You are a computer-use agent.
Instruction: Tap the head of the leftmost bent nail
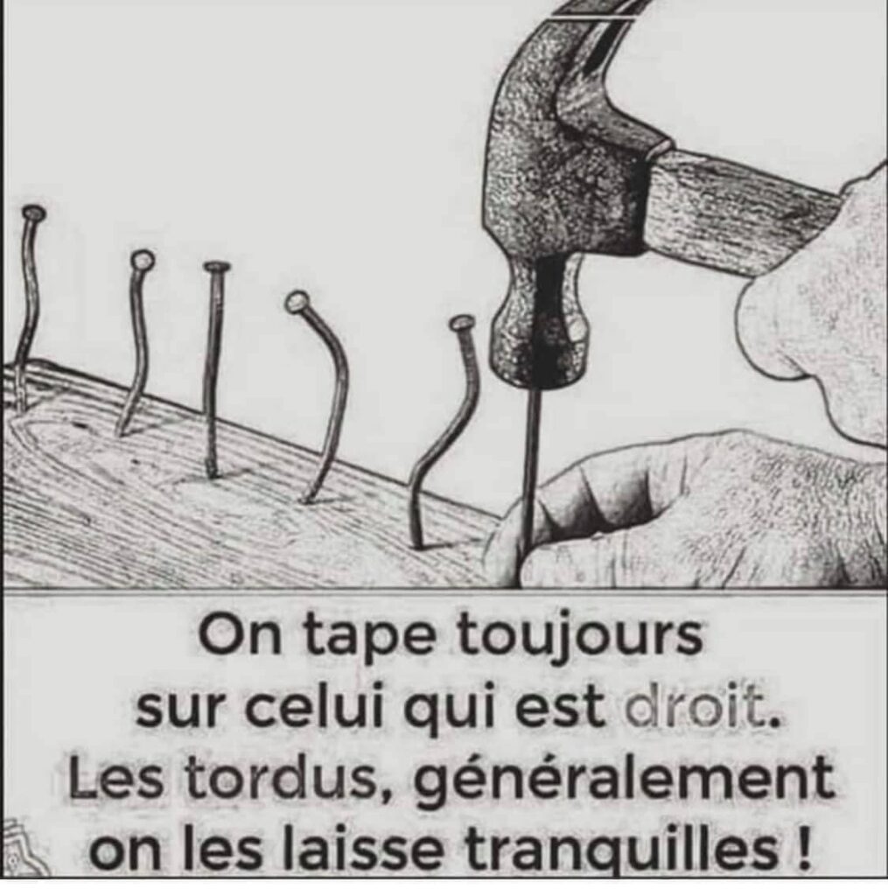pyautogui.click(x=34, y=214)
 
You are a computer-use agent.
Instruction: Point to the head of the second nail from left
pyautogui.click(x=141, y=261)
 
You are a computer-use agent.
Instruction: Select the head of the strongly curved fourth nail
pyautogui.click(x=297, y=302)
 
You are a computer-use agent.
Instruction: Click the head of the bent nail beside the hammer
pyautogui.click(x=462, y=324)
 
